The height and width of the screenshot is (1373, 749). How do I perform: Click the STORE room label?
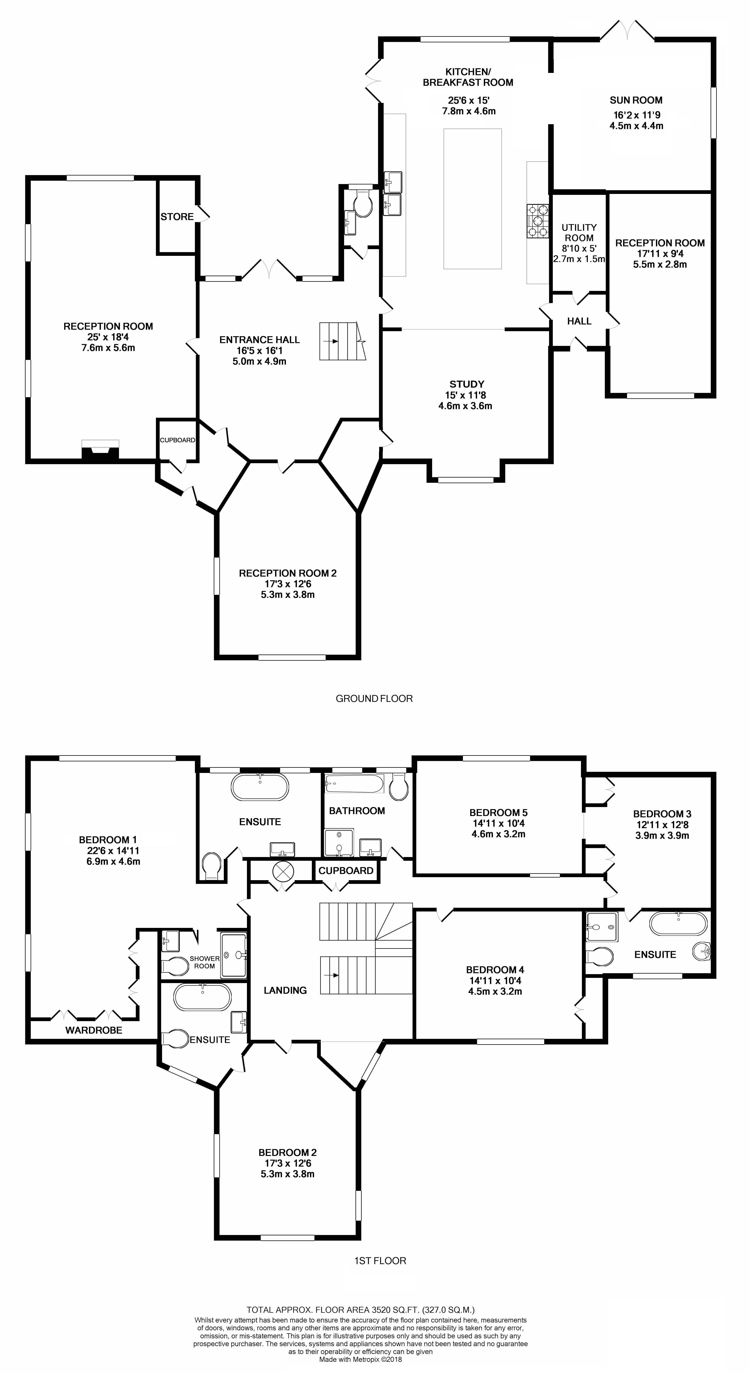(x=177, y=216)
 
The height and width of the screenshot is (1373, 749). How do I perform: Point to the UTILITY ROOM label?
(x=579, y=232)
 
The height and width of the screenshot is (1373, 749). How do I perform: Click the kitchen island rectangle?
(x=472, y=199)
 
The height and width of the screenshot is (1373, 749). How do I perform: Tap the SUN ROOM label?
(x=636, y=100)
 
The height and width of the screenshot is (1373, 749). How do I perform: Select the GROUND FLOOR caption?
(x=374, y=698)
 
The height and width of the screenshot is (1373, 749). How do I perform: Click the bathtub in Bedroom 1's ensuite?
(x=260, y=787)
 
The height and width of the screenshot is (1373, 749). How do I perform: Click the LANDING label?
(x=285, y=990)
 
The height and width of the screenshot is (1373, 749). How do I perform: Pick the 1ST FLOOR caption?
(x=380, y=1261)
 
